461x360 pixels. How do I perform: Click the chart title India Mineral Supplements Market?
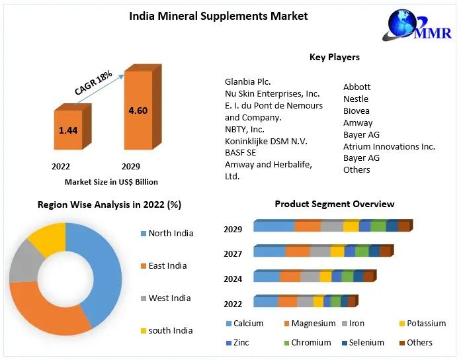(x=218, y=16)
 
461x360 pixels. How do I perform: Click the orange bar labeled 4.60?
(x=138, y=111)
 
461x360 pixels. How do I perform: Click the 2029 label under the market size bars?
(x=131, y=166)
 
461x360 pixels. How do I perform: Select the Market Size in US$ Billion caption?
(x=111, y=181)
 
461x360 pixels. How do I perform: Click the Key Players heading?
(x=335, y=57)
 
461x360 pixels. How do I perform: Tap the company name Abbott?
(x=356, y=87)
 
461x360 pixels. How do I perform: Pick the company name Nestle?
(x=356, y=99)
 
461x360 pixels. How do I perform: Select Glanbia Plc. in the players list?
(x=248, y=81)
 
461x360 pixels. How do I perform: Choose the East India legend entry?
(x=167, y=265)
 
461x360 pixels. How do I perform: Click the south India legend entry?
(x=170, y=330)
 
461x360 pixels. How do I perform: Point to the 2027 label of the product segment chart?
(x=233, y=253)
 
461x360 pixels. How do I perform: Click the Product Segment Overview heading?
(x=335, y=204)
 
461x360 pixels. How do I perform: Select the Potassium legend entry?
(x=427, y=324)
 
